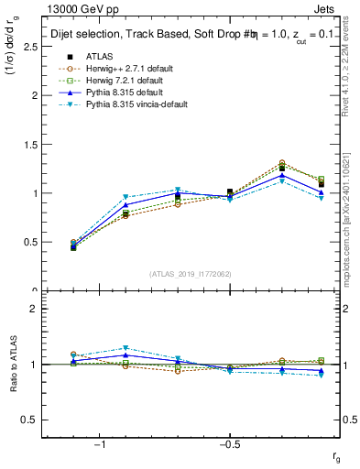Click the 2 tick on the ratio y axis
pos(35,309)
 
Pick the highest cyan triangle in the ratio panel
pos(125,348)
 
